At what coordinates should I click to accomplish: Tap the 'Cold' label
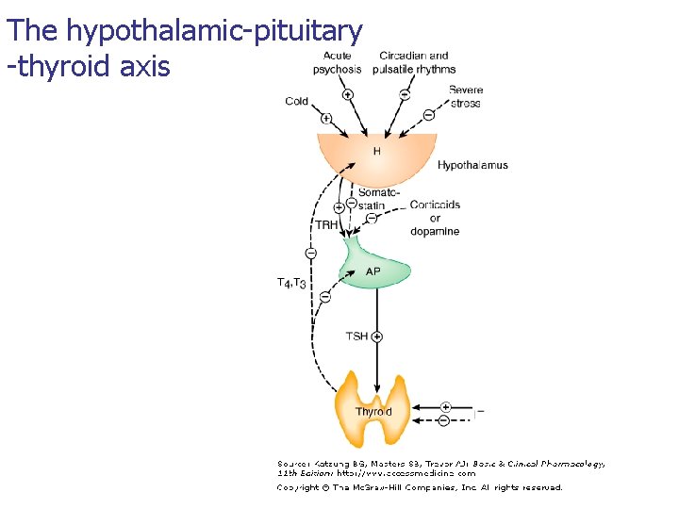[297, 101]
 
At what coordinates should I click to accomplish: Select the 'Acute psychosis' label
[336, 62]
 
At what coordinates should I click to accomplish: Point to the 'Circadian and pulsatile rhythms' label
[414, 62]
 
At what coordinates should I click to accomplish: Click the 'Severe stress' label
[465, 96]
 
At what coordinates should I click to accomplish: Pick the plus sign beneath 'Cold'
[325, 118]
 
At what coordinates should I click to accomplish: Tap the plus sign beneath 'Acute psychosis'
[347, 93]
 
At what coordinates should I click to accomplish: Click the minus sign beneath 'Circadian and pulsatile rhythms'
[404, 93]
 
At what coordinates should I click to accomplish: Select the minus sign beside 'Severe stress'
[428, 115]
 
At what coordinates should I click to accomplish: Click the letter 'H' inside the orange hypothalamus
[377, 152]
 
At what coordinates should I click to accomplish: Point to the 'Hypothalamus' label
[472, 165]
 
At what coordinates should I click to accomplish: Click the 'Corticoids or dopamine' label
[435, 218]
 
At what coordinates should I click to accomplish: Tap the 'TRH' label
[325, 224]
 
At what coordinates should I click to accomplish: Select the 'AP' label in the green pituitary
[373, 271]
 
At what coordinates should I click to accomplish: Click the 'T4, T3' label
[291, 282]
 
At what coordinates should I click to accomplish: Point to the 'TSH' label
[356, 337]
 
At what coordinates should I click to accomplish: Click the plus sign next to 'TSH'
[377, 336]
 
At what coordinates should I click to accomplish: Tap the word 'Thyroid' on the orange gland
[373, 412]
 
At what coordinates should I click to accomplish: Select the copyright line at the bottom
[419, 487]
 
